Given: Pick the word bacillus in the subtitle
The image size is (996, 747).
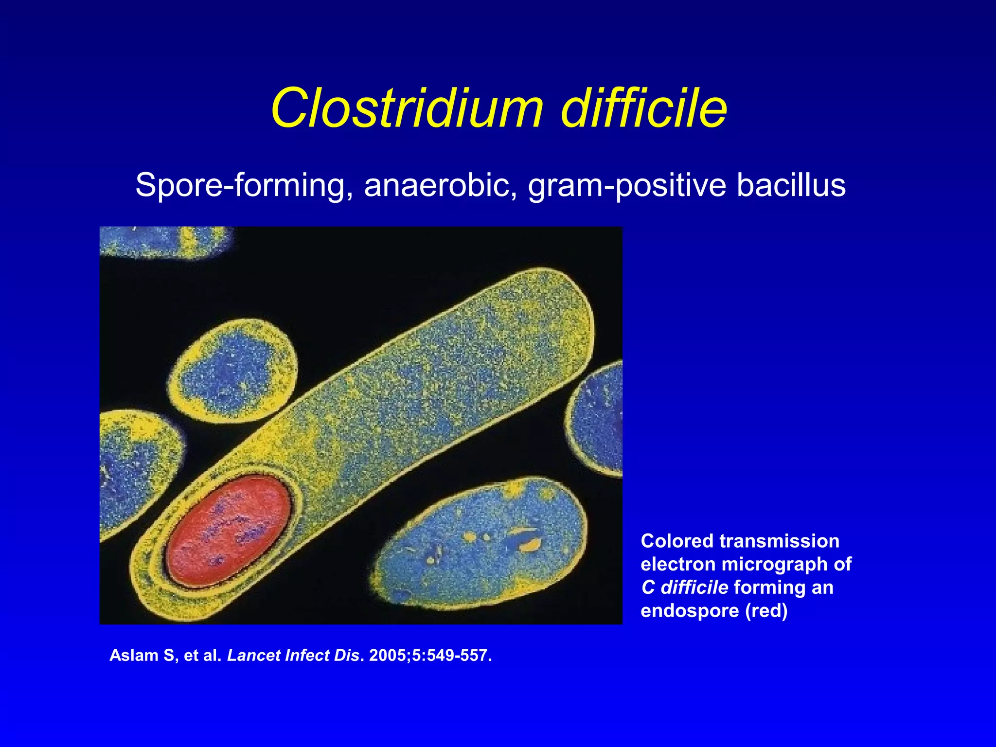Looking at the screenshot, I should [791, 186].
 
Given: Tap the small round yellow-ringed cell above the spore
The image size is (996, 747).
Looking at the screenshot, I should [232, 371].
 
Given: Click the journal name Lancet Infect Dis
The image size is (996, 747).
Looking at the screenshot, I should [293, 656].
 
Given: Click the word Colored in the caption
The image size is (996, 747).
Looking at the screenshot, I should [677, 541].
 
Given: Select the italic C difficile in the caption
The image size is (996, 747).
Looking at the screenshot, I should [684, 587].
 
